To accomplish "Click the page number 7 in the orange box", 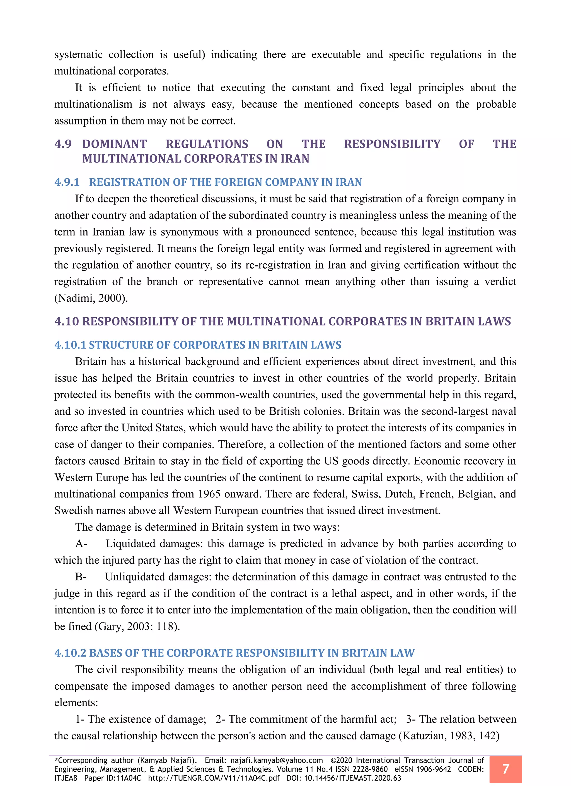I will [x=505, y=769].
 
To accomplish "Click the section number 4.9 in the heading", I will [x=63, y=144].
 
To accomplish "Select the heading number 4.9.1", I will [x=67, y=182].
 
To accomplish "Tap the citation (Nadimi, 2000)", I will [x=91, y=298].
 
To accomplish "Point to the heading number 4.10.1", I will [x=70, y=345].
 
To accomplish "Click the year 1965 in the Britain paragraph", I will [x=209, y=494].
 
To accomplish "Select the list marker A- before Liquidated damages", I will [x=81, y=544].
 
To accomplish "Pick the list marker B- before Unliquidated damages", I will [x=81, y=577].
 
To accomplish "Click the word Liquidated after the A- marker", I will [x=130, y=544].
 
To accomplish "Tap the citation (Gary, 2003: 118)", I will [x=137, y=626].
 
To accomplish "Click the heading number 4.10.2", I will [x=70, y=653].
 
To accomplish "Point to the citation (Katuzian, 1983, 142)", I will [x=449, y=735].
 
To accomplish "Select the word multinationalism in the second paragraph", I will [x=93, y=104].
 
